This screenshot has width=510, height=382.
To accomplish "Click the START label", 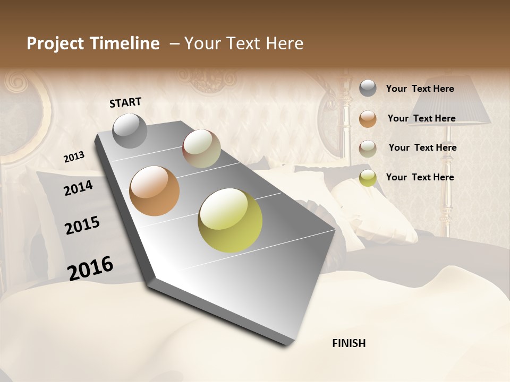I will (125, 102).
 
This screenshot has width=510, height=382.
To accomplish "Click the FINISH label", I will (348, 343).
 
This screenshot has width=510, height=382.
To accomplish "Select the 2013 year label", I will (74, 157).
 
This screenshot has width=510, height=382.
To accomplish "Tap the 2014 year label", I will (78, 188).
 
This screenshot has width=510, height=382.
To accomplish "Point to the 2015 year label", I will (82, 225).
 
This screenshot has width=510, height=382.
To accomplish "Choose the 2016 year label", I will (90, 268).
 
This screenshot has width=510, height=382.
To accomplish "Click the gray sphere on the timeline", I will (130, 131).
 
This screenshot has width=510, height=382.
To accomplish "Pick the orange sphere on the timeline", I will (154, 191).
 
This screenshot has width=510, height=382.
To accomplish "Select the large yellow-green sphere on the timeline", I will (230, 220).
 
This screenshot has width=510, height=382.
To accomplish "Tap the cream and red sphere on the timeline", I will (201, 149).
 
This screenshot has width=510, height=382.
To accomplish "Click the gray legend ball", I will (368, 89).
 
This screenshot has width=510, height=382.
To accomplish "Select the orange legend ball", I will (368, 119).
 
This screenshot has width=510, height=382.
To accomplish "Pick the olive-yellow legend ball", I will (368, 178).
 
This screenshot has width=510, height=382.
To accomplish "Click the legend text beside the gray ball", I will (420, 89).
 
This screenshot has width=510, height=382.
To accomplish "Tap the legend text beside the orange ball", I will (421, 118).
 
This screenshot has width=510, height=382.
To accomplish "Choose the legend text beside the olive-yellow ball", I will (420, 177).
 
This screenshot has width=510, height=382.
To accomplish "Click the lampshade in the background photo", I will (452, 103).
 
